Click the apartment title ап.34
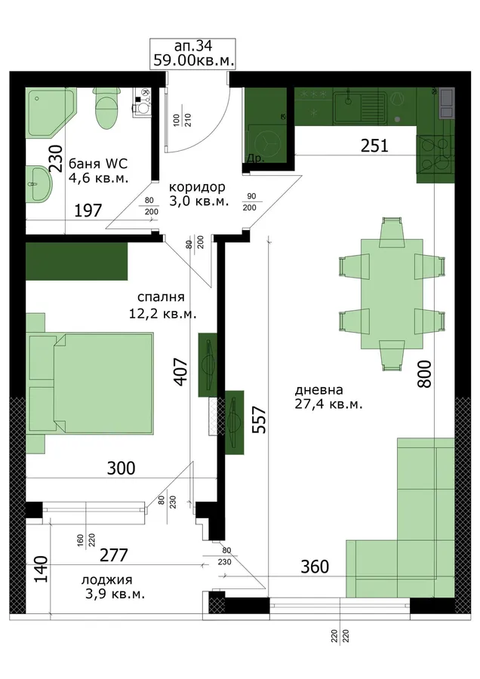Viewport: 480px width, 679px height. coord(192,45)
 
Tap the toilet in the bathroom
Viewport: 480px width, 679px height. coord(106,108)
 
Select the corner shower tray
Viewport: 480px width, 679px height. coord(51,112)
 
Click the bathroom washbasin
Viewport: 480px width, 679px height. coord(39,183)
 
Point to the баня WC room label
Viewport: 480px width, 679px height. coord(98,171)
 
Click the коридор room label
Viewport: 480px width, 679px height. coord(198,194)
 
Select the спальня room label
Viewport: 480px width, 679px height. coord(162,305)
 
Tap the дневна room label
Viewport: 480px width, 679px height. coord(328,397)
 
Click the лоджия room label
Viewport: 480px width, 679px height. coord(113,587)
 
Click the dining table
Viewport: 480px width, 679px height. coord(392,294)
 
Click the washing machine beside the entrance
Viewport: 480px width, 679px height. coord(265,143)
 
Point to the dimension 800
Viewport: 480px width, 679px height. coord(426,374)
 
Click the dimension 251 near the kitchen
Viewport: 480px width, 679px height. coord(375,146)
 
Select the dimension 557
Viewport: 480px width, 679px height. coord(259,420)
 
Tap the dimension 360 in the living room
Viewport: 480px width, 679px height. coord(315,567)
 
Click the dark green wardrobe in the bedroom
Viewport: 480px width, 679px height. coord(77,261)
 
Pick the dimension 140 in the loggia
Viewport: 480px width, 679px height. coord(42,570)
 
